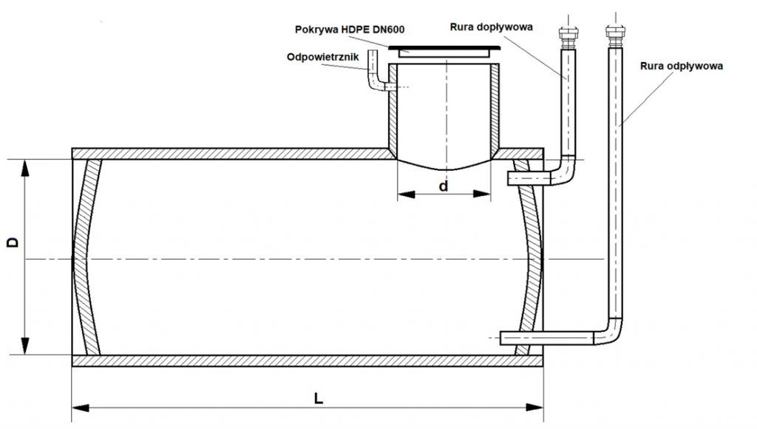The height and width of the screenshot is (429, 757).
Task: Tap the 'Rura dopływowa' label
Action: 491,27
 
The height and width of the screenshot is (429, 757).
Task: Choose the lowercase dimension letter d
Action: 444,186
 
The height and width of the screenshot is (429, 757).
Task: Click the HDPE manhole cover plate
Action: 444,50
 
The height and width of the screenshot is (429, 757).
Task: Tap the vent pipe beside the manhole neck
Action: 374,78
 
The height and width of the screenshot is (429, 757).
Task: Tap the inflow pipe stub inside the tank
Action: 526,178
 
